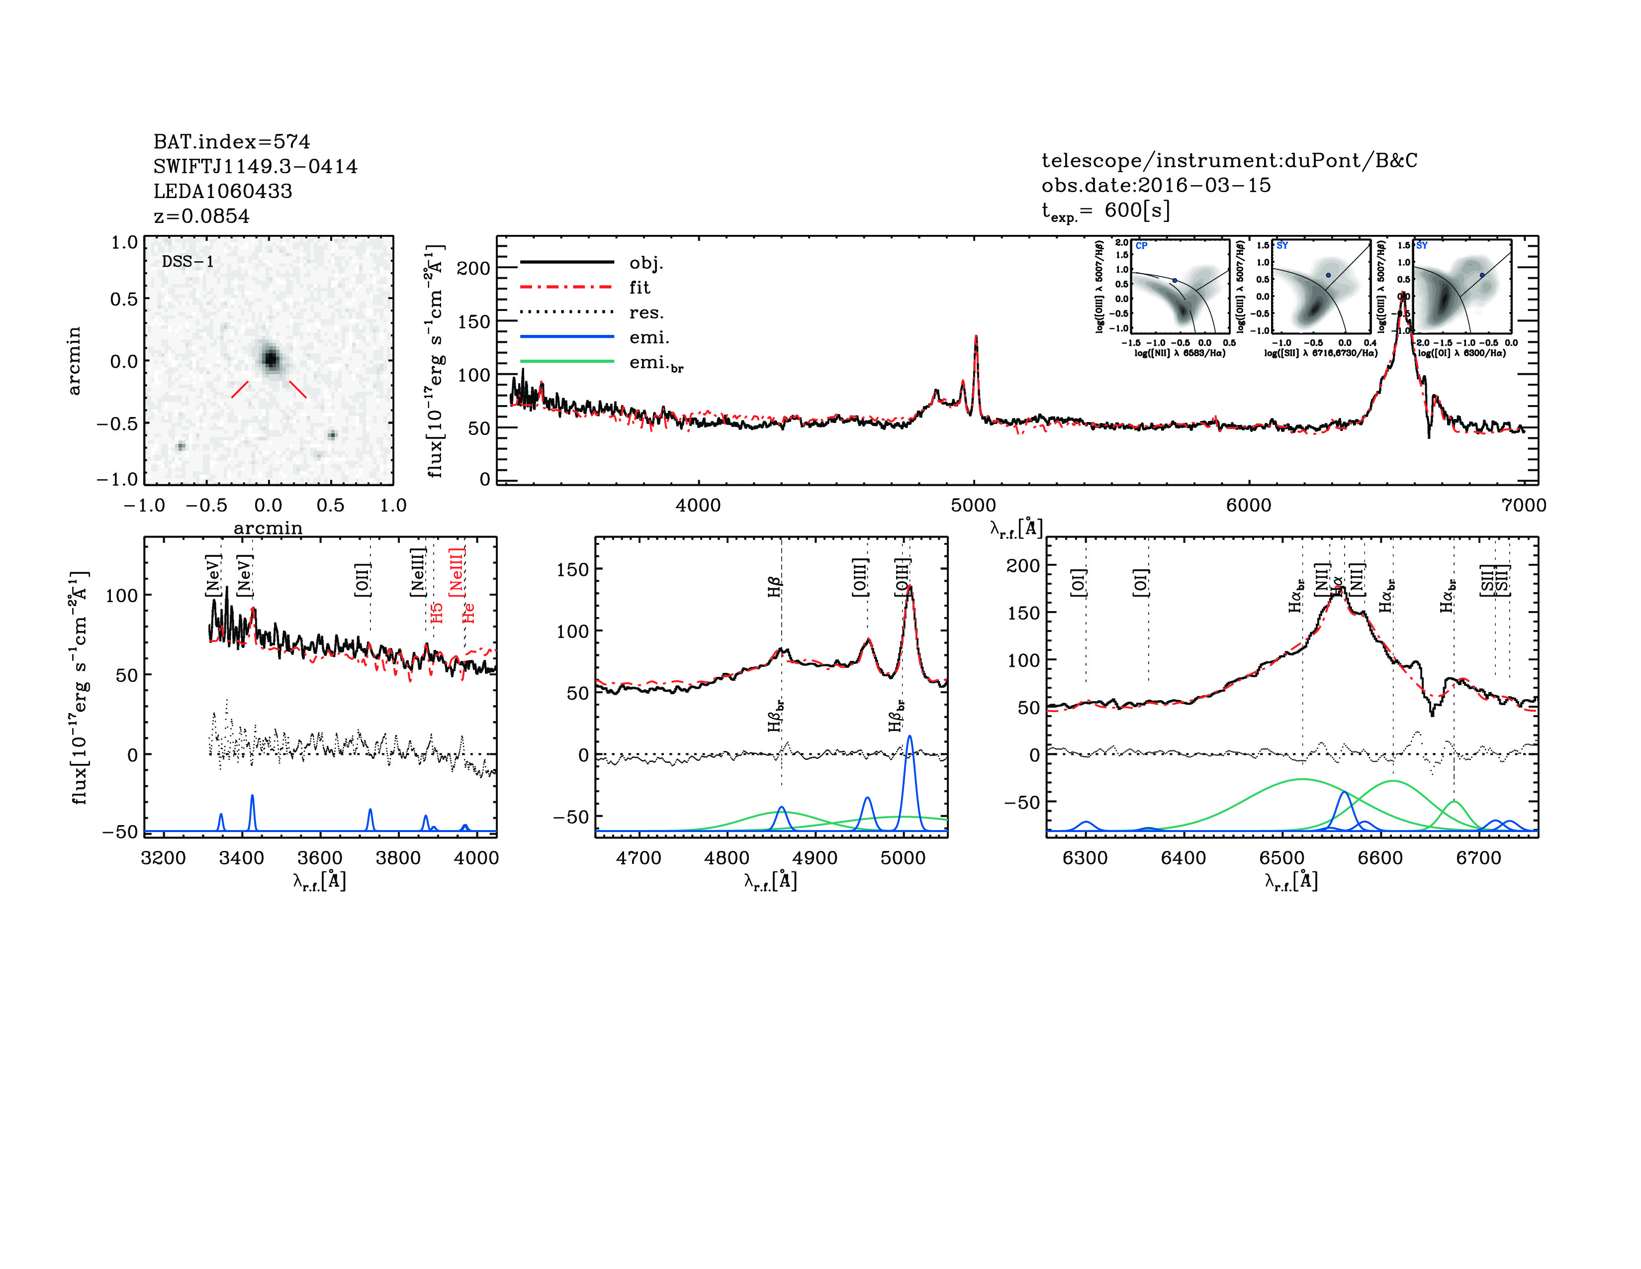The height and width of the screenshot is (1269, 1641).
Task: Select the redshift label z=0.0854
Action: coord(201,216)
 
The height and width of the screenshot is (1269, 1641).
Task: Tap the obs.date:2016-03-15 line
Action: coord(1156,185)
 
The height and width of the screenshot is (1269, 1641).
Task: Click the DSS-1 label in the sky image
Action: coord(188,262)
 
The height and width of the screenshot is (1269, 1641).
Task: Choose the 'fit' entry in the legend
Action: coord(639,287)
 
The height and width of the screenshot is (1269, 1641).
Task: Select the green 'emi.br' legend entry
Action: coord(656,363)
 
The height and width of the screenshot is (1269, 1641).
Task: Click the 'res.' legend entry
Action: coord(646,312)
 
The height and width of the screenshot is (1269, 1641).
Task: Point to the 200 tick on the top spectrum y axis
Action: coord(473,268)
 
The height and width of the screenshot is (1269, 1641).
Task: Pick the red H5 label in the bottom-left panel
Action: coord(437,613)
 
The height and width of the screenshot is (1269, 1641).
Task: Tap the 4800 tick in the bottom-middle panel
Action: coord(727,858)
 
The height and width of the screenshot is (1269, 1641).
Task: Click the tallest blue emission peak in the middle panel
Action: coord(910,737)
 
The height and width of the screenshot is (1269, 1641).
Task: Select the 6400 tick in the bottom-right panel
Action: coord(1184,858)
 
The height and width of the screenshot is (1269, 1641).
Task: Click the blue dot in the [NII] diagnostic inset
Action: coord(1175,280)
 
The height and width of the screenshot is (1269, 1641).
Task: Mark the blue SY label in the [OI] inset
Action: coord(1422,246)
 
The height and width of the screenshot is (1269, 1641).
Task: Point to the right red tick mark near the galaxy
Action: coord(297,389)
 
